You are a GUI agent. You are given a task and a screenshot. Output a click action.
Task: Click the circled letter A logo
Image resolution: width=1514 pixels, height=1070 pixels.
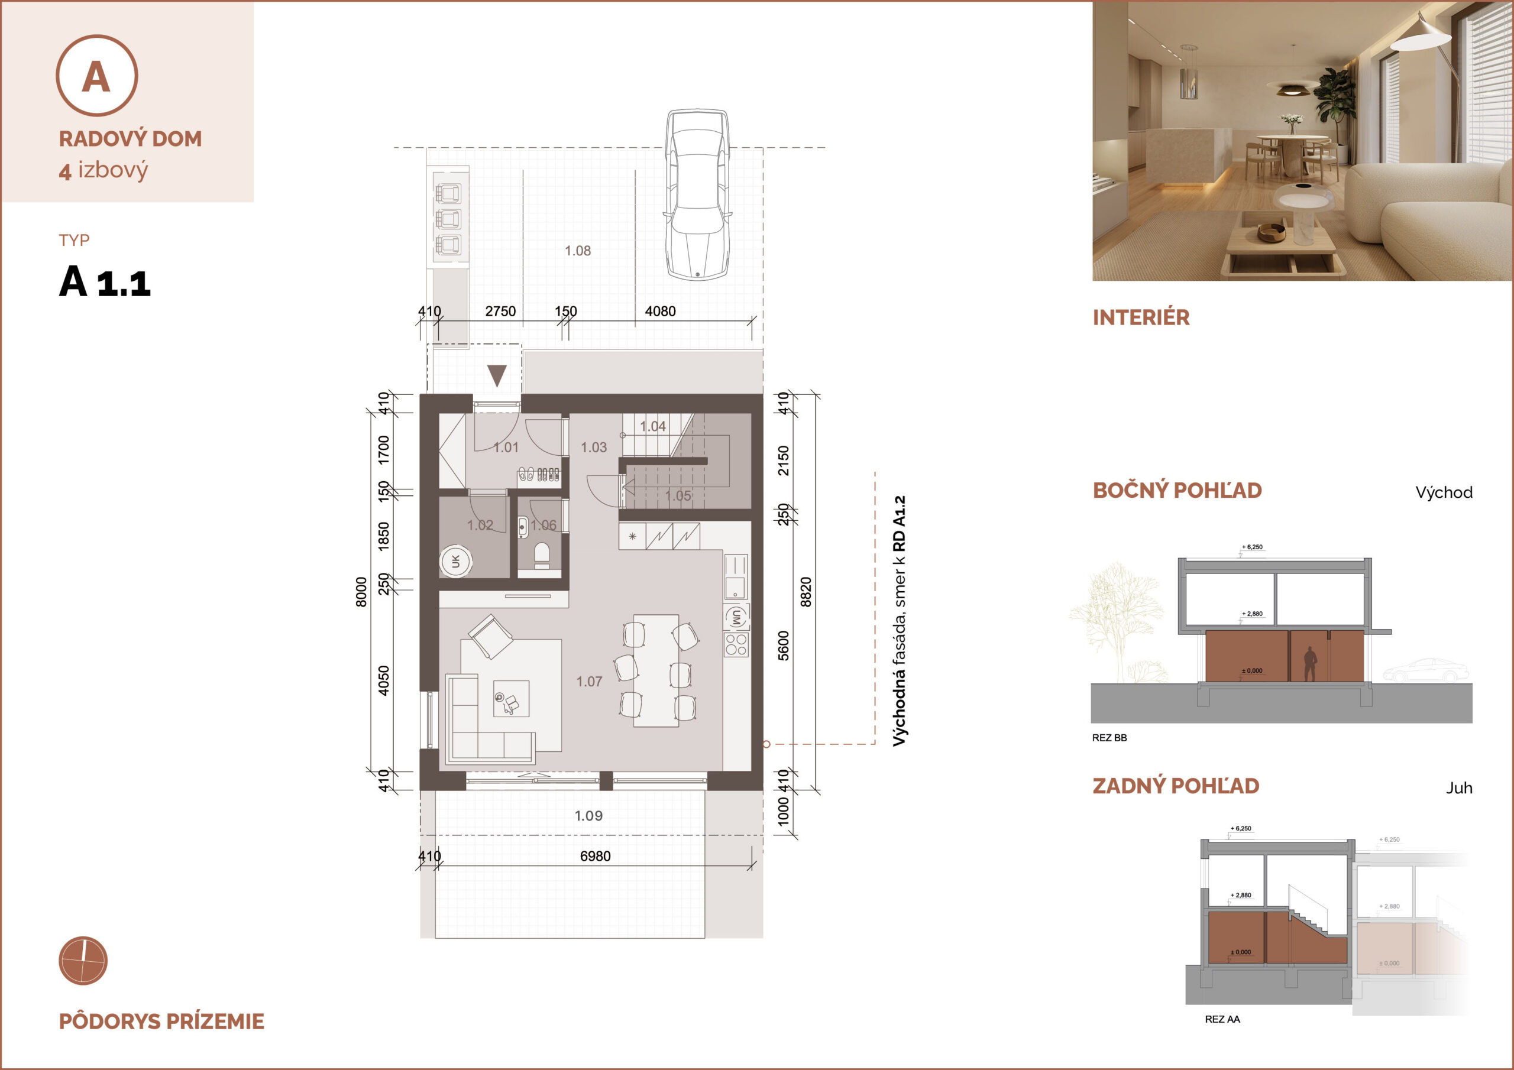point(97,75)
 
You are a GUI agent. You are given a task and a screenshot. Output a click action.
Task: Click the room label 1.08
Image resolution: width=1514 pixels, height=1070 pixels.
point(578,251)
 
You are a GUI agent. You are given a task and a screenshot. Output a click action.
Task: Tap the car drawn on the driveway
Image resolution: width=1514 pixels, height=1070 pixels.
point(698,194)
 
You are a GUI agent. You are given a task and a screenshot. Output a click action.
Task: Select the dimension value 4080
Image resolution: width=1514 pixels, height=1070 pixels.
point(660,311)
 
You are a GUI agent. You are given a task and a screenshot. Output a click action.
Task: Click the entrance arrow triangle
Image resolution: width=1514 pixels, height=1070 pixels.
point(497,376)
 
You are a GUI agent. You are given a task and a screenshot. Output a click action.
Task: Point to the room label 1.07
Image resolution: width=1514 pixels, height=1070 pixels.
point(589,682)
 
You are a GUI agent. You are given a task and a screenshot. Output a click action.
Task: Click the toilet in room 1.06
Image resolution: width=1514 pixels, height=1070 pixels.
point(541,555)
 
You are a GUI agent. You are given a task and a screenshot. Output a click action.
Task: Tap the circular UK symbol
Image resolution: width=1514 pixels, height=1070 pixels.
point(455,561)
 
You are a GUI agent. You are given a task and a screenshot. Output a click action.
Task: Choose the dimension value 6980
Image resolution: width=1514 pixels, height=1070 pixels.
point(595,856)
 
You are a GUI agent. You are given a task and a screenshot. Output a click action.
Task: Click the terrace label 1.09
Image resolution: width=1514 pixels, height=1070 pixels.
point(588,816)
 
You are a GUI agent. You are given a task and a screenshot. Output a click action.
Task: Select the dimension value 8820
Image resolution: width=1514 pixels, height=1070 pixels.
point(805,591)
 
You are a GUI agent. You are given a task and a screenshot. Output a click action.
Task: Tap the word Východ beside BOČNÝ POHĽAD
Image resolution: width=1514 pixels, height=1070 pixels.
point(1444,492)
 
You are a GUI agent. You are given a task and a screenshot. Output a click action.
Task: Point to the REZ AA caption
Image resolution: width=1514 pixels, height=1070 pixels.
point(1222,1019)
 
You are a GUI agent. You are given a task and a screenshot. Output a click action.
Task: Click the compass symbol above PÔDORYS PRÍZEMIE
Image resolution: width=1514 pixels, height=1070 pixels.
point(83,961)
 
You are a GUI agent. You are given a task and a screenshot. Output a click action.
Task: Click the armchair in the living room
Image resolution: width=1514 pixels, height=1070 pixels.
point(491,636)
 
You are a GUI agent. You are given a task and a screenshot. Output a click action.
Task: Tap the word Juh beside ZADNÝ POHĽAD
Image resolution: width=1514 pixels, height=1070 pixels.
point(1458,788)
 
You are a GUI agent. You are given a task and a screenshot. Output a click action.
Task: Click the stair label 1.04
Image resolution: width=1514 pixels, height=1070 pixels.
point(653,427)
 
